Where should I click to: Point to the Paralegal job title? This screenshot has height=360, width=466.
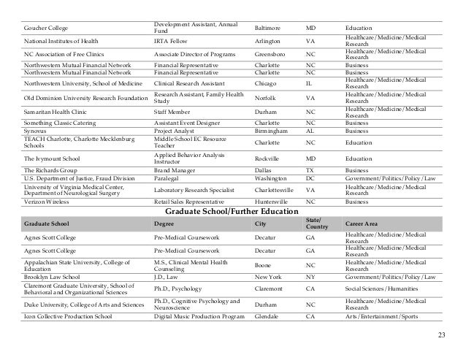(x=167, y=177)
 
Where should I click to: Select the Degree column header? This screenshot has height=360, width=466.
(x=164, y=223)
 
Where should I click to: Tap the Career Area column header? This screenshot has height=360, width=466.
(x=362, y=223)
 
